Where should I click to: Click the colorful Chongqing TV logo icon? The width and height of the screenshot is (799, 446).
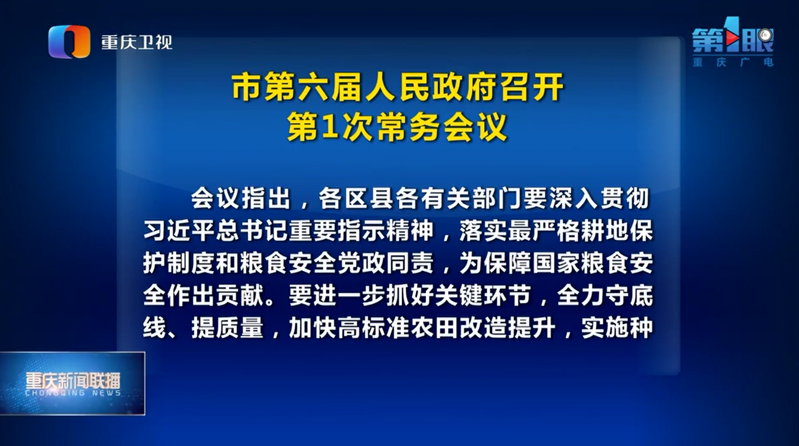[69, 41]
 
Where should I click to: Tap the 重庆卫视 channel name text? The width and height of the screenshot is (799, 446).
[137, 43]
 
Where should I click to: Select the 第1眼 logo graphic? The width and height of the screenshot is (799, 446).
[733, 40]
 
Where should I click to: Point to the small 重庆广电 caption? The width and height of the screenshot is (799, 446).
[733, 62]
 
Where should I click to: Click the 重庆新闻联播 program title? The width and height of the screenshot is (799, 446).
[73, 381]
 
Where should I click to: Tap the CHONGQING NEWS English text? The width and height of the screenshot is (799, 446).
[73, 393]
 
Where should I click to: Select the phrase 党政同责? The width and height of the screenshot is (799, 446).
[386, 263]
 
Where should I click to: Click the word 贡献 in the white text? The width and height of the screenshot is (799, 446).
[240, 295]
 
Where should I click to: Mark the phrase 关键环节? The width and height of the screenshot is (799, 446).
[483, 295]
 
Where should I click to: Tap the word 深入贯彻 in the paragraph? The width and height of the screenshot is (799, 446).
[600, 198]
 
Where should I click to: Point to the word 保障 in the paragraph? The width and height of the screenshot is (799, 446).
[507, 263]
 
